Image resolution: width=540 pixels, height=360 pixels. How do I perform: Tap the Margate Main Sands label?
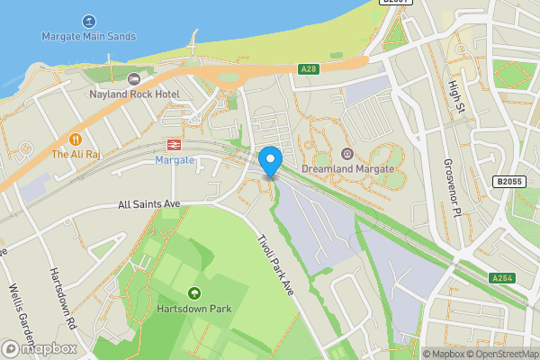tap(88, 37)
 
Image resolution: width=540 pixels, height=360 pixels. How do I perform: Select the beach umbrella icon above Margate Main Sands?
tap(88, 21)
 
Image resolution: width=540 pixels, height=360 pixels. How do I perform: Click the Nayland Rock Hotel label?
tap(134, 94)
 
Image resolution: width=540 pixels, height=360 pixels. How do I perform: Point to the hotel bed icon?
tap(134, 79)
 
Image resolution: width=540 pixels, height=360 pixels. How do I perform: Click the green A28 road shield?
tap(308, 68)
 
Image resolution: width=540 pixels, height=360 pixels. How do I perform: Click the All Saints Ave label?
tap(149, 204)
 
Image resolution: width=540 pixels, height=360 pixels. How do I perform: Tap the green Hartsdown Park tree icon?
tap(193, 293)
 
